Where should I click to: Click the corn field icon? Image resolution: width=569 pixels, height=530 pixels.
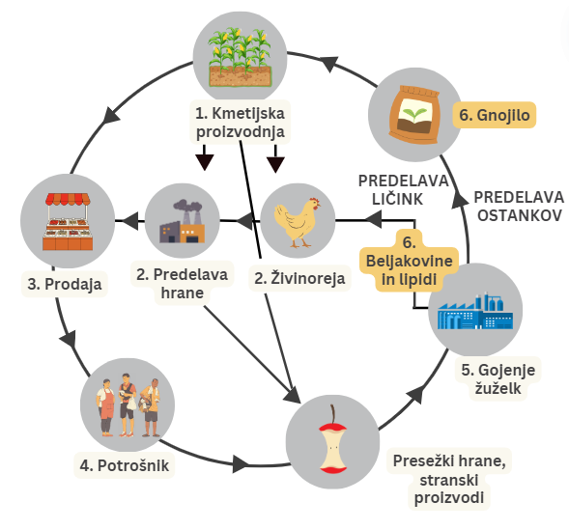(x=241, y=57)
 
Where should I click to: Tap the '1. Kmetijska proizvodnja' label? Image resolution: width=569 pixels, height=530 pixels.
(x=241, y=123)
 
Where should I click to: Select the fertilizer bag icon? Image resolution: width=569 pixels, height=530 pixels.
(x=414, y=115)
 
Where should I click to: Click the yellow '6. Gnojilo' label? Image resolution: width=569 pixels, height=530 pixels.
(x=495, y=115)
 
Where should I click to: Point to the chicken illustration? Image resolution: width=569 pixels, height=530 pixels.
(x=298, y=222)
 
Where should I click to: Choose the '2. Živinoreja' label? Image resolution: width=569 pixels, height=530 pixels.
(x=299, y=278)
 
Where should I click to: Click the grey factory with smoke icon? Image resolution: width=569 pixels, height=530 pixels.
(x=183, y=221)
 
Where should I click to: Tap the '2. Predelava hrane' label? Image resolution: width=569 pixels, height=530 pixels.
(x=183, y=284)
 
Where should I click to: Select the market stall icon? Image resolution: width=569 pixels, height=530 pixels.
(x=68, y=221)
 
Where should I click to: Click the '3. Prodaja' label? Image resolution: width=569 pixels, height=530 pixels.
(x=65, y=284)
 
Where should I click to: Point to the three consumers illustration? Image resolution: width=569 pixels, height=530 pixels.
(x=128, y=405)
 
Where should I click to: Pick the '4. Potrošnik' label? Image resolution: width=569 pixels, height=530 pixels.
(x=125, y=465)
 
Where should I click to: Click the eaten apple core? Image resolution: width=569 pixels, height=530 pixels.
(x=332, y=441)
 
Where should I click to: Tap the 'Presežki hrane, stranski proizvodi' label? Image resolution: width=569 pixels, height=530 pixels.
(x=449, y=479)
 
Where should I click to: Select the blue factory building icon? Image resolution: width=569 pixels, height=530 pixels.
(x=475, y=312)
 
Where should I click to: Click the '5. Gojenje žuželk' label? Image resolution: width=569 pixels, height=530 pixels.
(x=498, y=378)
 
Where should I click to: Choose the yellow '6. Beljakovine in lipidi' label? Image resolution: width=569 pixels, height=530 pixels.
(x=409, y=261)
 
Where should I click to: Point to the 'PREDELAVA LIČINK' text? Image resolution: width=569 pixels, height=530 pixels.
(x=403, y=190)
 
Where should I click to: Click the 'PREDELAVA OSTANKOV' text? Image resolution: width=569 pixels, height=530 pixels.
(x=520, y=207)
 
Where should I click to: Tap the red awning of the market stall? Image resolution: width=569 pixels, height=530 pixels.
(x=68, y=199)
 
